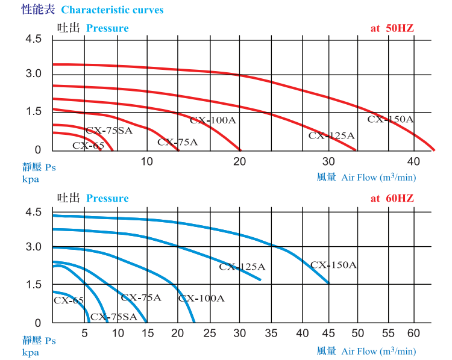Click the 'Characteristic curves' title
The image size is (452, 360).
tap(112, 10)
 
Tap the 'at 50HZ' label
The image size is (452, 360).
tap(392, 28)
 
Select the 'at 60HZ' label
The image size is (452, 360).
tap(392, 198)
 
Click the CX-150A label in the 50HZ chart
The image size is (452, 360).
tap(391, 119)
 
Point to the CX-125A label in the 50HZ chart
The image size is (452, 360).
tap(331, 135)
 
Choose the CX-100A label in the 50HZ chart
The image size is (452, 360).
tap(213, 120)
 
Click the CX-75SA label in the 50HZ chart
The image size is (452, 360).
tap(108, 130)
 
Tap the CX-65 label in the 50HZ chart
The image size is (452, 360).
tap(89, 145)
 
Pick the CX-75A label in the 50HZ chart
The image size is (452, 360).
tap(177, 142)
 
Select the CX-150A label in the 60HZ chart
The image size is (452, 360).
tap(334, 264)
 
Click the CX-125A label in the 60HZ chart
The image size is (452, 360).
tap(242, 266)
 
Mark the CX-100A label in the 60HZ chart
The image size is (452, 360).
tap(201, 298)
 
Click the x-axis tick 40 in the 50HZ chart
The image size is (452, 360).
tap(413, 161)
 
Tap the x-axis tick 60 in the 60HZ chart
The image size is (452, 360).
tap(413, 332)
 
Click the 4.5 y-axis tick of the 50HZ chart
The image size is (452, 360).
tap(33, 40)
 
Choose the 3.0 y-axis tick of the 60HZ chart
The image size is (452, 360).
tap(33, 247)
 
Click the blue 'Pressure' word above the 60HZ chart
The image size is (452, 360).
tap(107, 198)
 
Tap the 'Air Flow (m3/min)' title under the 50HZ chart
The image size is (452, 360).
tap(378, 177)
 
